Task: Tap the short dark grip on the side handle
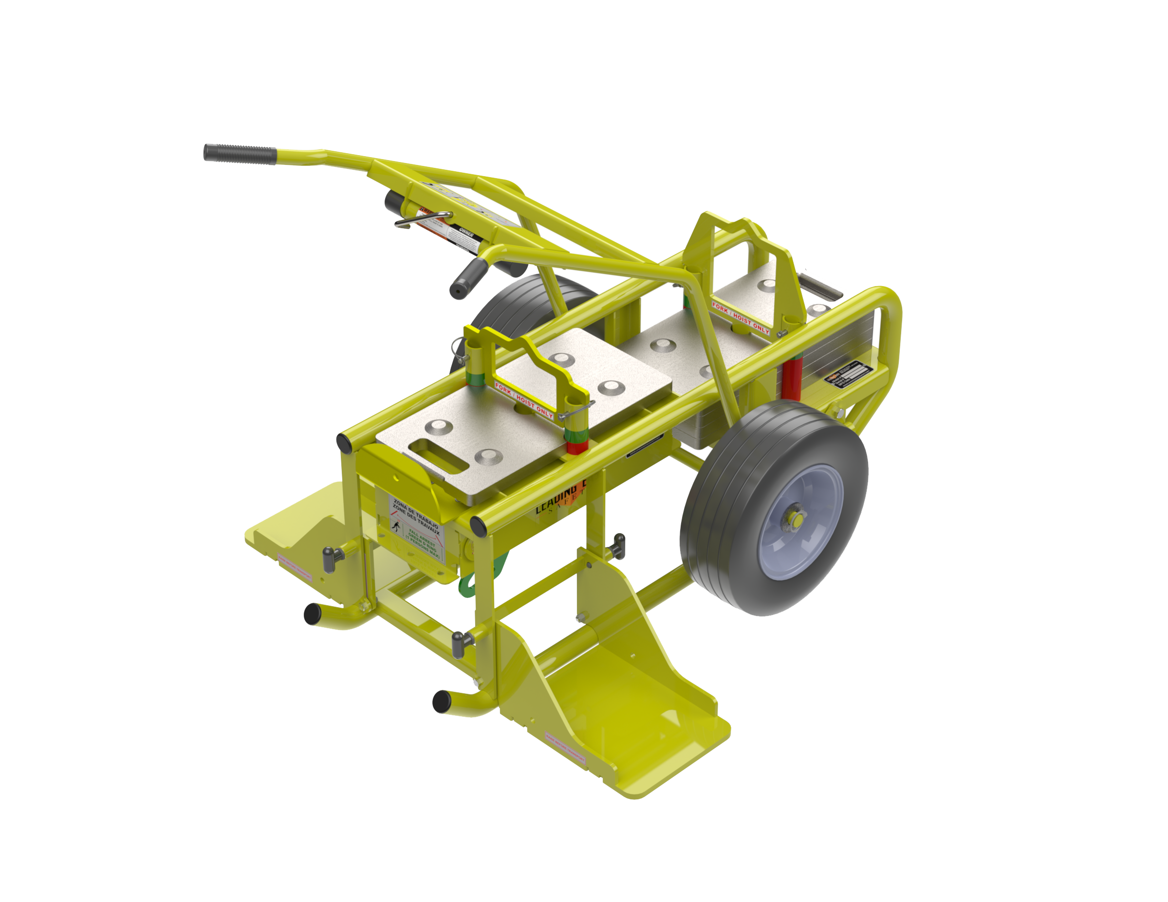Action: tap(468, 278)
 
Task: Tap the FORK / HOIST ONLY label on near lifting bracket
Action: tap(524, 400)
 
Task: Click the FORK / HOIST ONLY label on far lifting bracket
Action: tap(741, 319)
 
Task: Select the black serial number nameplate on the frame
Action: tap(851, 373)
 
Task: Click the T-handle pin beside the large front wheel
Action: tap(618, 546)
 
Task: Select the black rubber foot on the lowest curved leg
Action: tap(442, 701)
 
